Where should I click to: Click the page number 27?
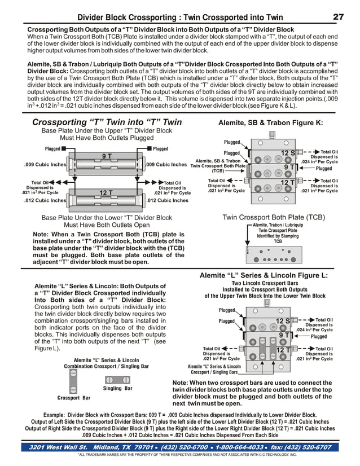[x=338, y=17]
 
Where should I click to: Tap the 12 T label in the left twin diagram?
[x=107, y=193]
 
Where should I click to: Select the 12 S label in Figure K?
[x=288, y=153]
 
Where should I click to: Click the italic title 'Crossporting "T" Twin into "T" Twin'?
[x=107, y=122]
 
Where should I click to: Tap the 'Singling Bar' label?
[x=118, y=388]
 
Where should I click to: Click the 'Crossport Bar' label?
[x=74, y=398]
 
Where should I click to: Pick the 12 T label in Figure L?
[x=283, y=350]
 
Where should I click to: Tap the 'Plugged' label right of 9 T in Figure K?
[x=324, y=168]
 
